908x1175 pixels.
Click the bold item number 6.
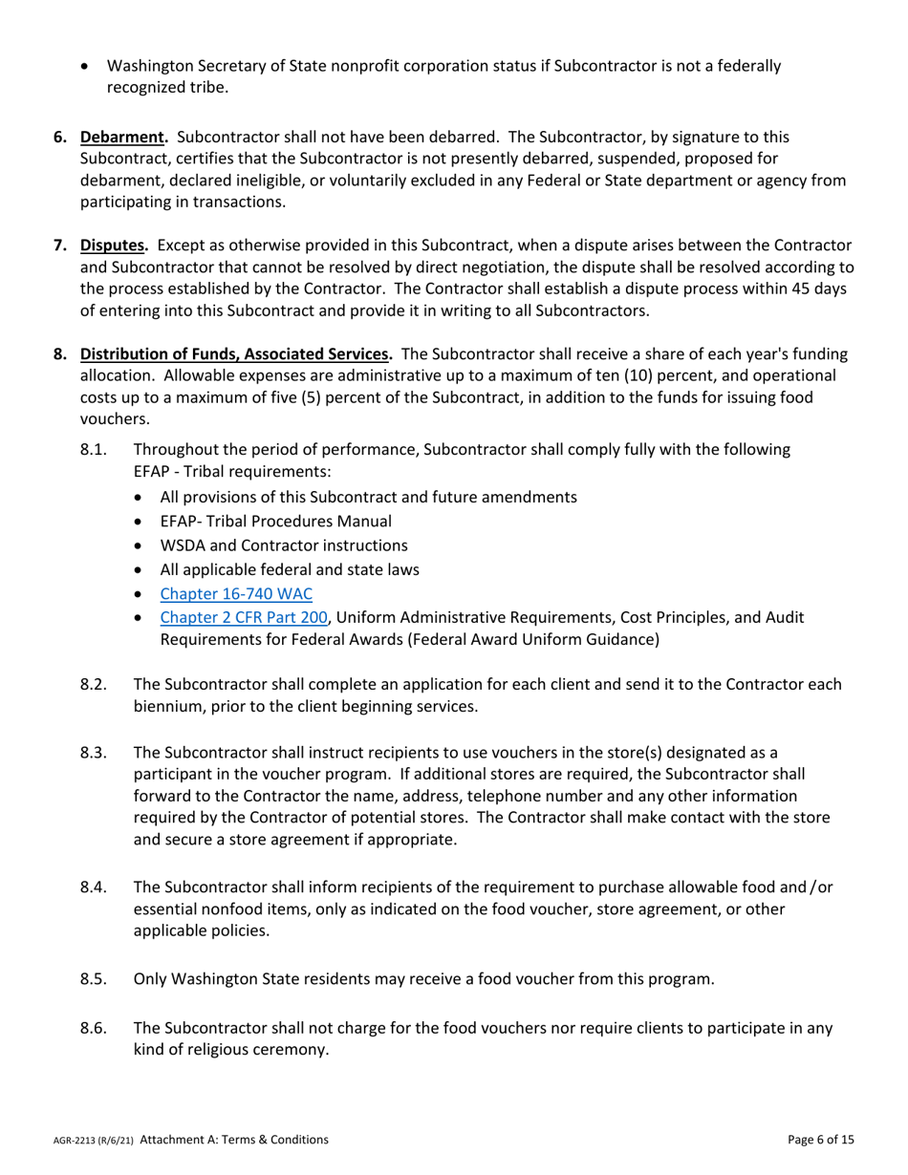pos(60,137)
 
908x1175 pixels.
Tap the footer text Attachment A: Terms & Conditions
pos(234,1140)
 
